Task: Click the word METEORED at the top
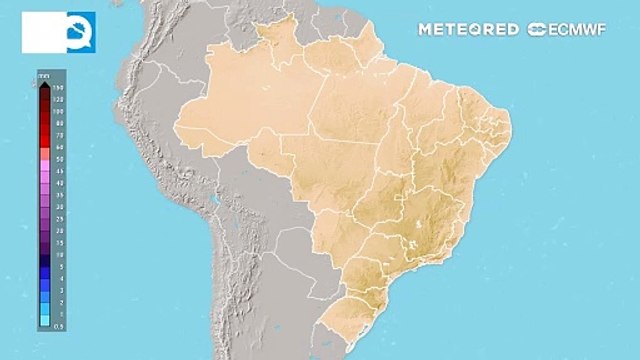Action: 467,29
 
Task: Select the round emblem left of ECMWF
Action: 537,29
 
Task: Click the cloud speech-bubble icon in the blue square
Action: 78,31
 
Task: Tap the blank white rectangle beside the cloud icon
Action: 40,31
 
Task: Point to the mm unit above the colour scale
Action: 45,76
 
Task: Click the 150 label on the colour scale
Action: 59,89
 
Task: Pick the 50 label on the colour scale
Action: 59,159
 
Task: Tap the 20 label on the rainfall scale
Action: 59,229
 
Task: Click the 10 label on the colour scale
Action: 59,253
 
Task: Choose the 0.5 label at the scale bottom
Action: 59,324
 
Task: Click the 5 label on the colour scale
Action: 59,265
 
